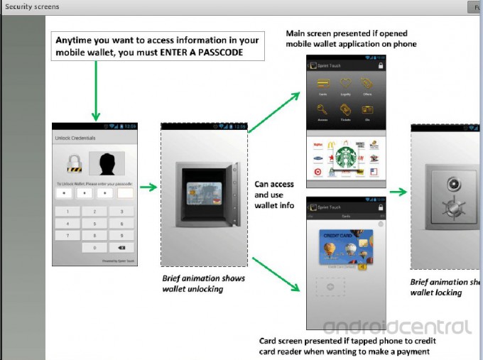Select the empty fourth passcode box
coord(125,192)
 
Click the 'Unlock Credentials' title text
coord(75,137)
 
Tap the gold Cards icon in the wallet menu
coord(322,86)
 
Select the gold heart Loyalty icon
coord(346,86)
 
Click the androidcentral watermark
coord(397,327)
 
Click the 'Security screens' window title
coord(33,6)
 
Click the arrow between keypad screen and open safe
coord(148,187)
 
